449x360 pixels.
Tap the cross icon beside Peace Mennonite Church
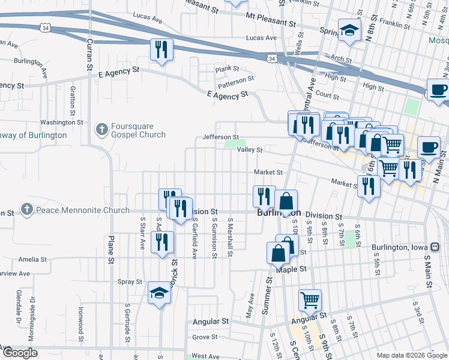(x=26, y=210)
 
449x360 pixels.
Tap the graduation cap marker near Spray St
(x=159, y=293)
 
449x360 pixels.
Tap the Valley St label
(x=250, y=149)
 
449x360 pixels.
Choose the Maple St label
(x=292, y=269)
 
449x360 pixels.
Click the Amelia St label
(x=33, y=259)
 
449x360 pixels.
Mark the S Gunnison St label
(x=214, y=238)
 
